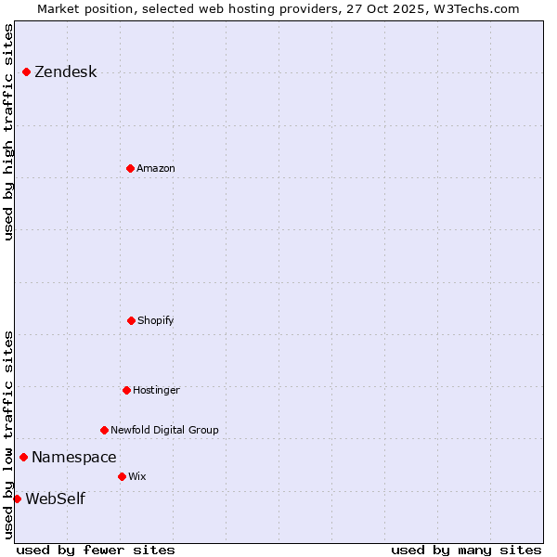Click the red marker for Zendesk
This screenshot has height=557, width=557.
click(x=26, y=71)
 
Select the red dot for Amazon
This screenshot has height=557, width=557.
click(x=130, y=168)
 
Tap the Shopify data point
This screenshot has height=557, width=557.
click(x=131, y=320)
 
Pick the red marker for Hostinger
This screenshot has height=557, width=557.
click(x=126, y=390)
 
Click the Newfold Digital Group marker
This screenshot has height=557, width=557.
click(x=104, y=430)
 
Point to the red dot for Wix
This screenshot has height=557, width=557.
click(x=122, y=476)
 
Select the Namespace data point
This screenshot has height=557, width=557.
click(x=23, y=457)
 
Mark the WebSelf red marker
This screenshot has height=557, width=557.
click(x=17, y=499)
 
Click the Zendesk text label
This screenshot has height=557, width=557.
click(x=65, y=72)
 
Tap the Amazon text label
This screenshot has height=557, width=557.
click(x=156, y=168)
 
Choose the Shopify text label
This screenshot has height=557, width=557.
click(x=156, y=320)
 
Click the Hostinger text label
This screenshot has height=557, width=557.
click(x=156, y=390)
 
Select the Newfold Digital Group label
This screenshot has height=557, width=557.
click(x=164, y=430)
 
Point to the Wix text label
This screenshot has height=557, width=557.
click(x=137, y=476)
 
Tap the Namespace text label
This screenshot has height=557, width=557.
click(x=74, y=457)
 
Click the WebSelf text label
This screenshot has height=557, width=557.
click(x=55, y=499)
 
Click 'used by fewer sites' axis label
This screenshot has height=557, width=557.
click(x=96, y=550)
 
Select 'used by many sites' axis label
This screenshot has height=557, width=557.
click(x=466, y=550)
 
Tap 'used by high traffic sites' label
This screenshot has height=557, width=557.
click(x=9, y=132)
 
